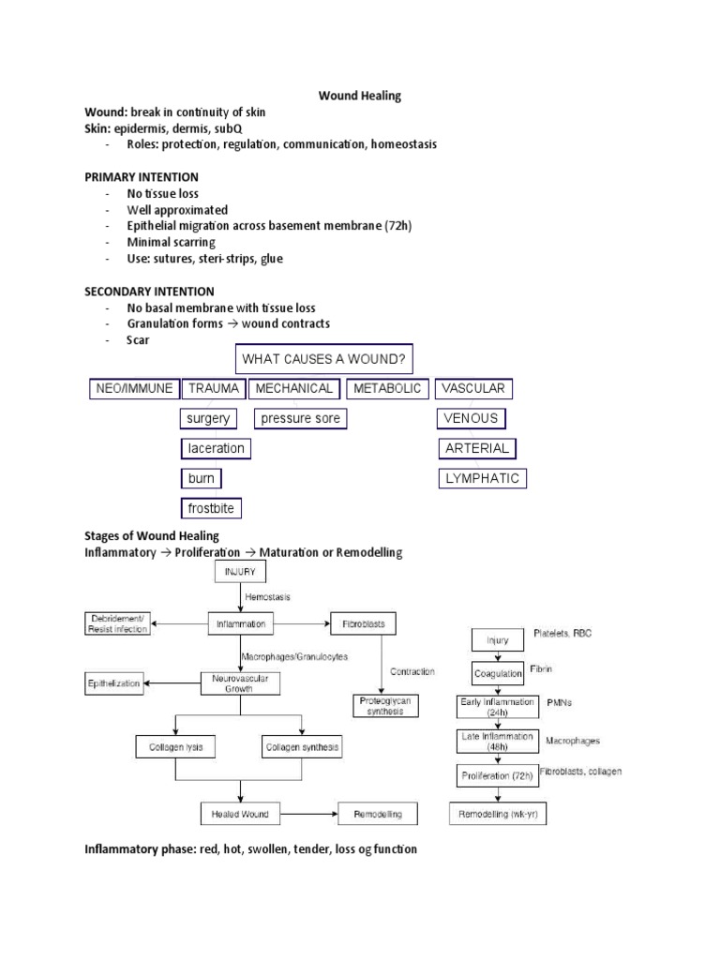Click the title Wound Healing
[x=359, y=96]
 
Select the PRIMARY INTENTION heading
[x=142, y=177]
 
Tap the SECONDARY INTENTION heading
[x=150, y=292]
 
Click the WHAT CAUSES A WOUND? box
[x=322, y=358]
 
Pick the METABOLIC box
[x=387, y=388]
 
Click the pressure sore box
[x=300, y=418]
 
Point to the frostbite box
[x=211, y=508]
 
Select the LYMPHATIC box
[x=482, y=478]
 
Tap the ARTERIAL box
[x=476, y=448]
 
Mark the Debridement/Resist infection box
[x=119, y=623]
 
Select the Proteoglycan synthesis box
[x=380, y=705]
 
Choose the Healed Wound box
[x=240, y=814]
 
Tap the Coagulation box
[x=497, y=673]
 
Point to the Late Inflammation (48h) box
[x=497, y=741]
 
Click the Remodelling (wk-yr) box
[x=497, y=814]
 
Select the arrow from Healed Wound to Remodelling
[x=309, y=814]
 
